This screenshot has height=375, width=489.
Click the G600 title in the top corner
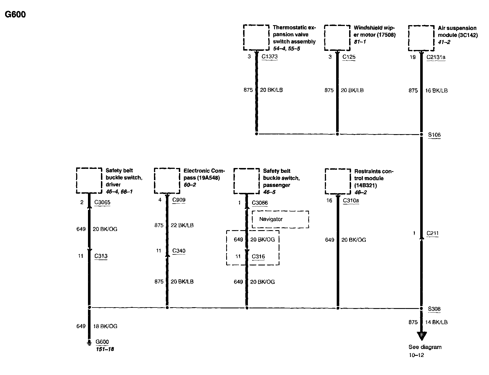pos(16,14)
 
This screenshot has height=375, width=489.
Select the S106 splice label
pos(434,135)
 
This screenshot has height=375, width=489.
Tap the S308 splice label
pos(434,309)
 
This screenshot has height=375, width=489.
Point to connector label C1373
pos(270,56)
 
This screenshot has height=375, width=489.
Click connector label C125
pos(349,57)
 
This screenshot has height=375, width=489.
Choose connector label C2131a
pos(436,57)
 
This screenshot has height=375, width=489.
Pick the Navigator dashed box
pos(280,219)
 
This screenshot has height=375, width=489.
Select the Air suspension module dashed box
pos(421,38)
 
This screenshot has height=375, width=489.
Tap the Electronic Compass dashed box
pos(167,181)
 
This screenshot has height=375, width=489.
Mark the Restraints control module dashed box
pos(338,181)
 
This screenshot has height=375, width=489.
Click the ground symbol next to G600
pos(89,343)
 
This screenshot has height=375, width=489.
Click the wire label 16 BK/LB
pos(436,91)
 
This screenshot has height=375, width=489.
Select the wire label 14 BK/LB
pos(436,322)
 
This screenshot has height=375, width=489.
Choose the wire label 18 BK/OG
pos(105,326)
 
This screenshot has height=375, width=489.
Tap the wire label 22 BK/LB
pos(182,225)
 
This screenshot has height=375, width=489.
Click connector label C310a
pos(351,200)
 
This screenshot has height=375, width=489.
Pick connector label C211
pos(433,233)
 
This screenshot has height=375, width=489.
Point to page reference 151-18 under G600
pos(105,349)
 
